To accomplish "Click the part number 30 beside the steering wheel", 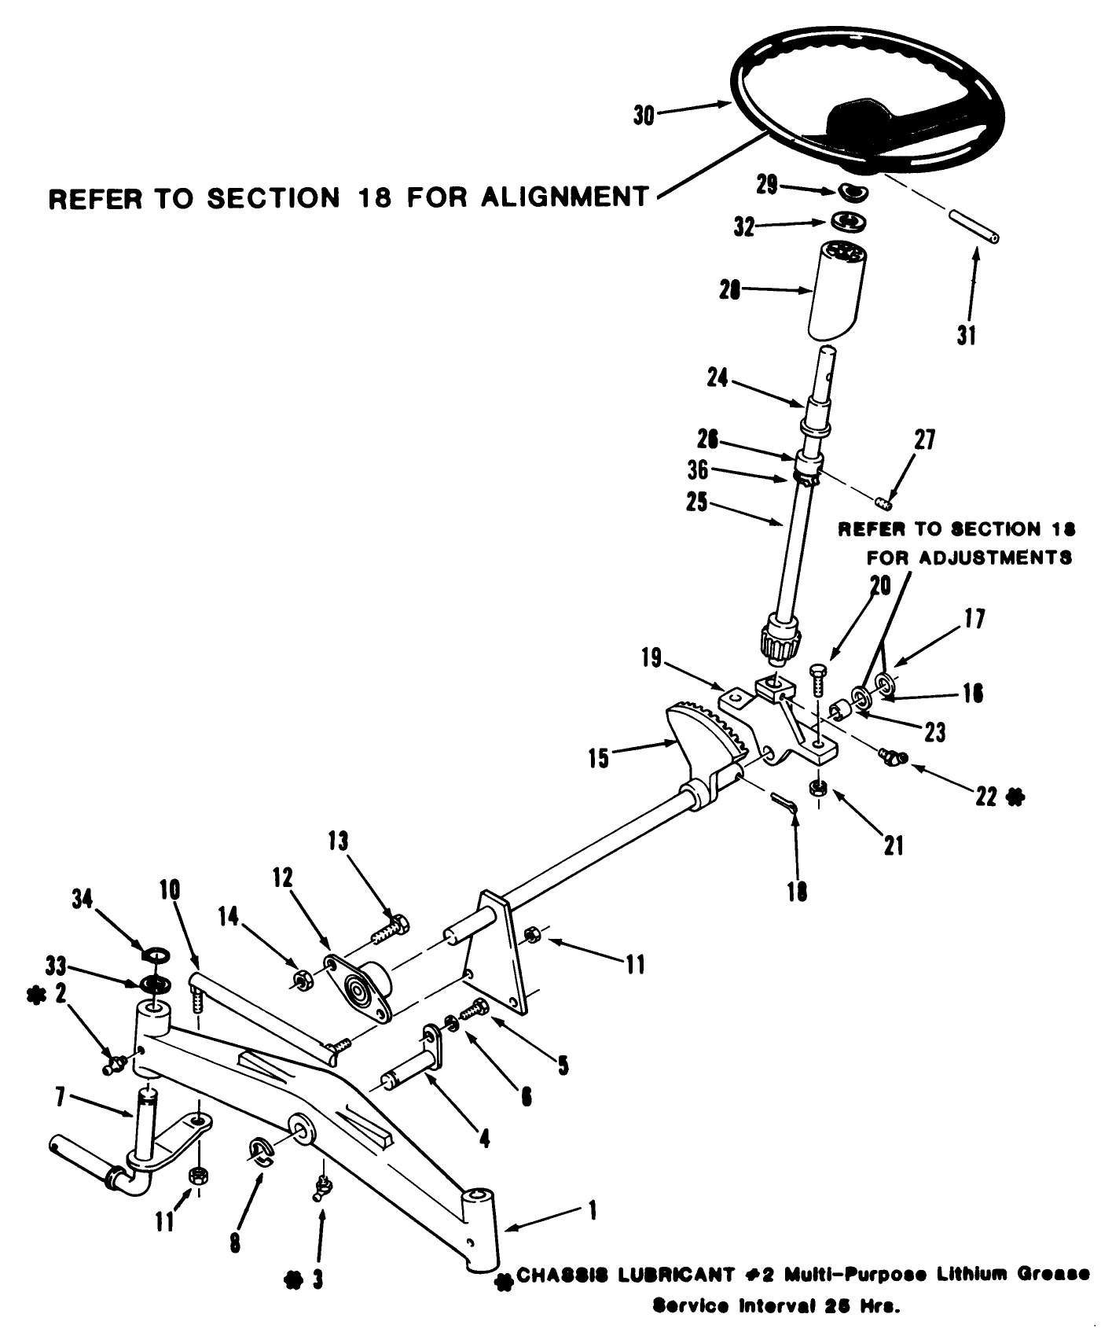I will [x=644, y=116].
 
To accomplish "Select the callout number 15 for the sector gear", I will [x=599, y=758].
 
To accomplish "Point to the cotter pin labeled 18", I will [x=785, y=801].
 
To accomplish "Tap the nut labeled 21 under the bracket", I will [x=818, y=787].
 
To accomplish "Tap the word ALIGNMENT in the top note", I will [x=564, y=197].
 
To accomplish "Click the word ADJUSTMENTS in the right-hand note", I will [x=969, y=558].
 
